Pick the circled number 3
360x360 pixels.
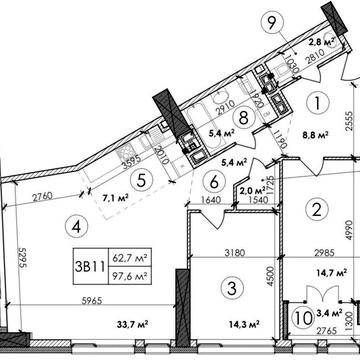232,290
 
